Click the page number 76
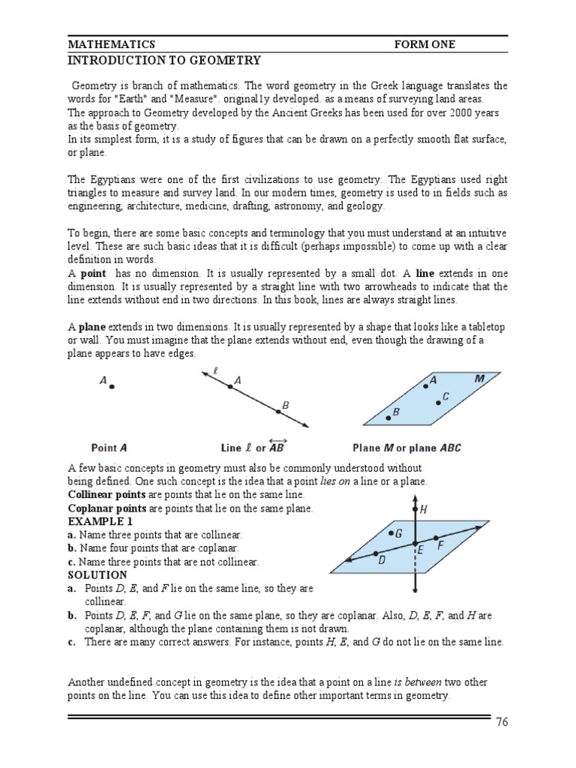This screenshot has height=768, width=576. coord(502,722)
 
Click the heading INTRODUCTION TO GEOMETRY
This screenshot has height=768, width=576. coord(164,60)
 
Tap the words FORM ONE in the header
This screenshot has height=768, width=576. coord(424,44)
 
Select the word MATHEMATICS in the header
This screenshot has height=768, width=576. coord(112,44)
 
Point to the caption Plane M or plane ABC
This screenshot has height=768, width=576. coord(406,448)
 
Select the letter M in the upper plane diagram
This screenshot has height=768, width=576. coord(479,379)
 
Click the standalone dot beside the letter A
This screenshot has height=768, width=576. coord(112,387)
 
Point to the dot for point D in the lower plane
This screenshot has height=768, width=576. coord(376,554)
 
